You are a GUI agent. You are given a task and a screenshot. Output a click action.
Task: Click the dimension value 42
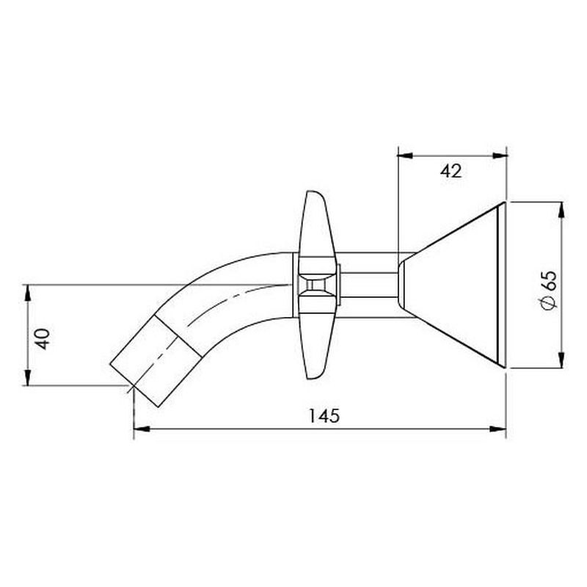coord(451,172)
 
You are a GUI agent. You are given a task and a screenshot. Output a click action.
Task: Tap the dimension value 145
coord(324,415)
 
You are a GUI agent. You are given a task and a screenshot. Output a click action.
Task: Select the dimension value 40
coord(43,339)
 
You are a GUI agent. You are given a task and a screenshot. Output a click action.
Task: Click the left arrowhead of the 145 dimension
coord(142,429)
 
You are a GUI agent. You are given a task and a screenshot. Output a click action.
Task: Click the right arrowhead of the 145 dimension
coord(498,429)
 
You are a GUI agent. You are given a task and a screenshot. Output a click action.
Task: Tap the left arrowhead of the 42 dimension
coord(405,156)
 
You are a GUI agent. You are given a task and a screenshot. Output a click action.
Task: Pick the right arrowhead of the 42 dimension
coord(498,156)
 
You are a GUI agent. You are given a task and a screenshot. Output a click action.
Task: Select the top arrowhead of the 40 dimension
coord(27,293)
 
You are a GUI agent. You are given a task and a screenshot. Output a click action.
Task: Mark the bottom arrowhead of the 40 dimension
coord(27,377)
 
